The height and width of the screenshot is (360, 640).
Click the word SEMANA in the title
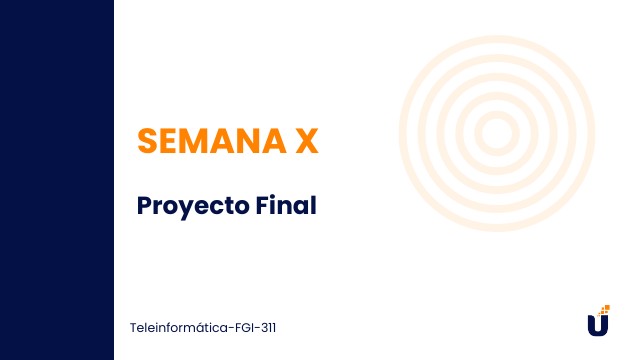pos(209,141)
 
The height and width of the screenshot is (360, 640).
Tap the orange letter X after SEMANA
pos(307,141)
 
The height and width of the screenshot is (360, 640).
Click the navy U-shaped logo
pos(597,326)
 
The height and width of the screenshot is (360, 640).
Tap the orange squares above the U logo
pos(604,309)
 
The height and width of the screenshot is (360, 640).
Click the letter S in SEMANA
pos(147,141)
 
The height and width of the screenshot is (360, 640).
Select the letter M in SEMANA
pos(195,141)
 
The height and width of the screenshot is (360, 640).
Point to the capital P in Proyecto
pos(144,205)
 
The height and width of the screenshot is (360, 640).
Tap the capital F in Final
pos(261,205)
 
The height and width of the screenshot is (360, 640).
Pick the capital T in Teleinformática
pos(134,327)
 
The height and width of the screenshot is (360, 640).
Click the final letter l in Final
pos(312,205)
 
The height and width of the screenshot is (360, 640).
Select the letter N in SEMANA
pos(246,141)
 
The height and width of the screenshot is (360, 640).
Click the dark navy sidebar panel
pos(56,180)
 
